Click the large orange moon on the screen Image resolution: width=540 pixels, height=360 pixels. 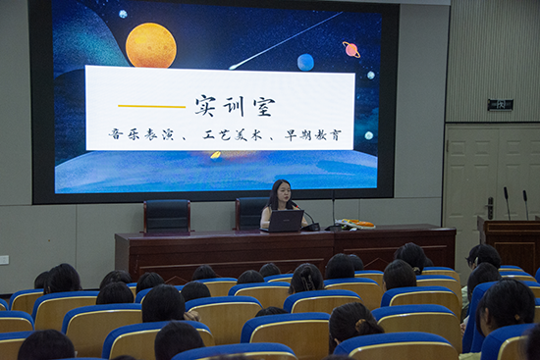coord(151,45)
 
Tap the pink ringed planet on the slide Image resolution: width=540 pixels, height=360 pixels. coord(351,50)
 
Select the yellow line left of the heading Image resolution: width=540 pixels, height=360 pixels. coord(151,106)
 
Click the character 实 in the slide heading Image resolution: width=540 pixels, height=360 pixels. coord(205,106)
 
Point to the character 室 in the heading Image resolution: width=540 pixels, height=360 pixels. coord(264,107)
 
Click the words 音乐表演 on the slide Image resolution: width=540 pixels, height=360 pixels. coord(134,134)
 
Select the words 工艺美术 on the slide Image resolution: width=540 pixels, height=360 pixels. coord(232,135)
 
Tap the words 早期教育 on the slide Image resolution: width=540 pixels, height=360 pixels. coord(312,135)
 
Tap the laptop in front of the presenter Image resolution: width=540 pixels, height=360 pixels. coord(284,221)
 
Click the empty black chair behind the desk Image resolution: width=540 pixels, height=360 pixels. coord(167,217)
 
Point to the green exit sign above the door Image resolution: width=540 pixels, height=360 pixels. coord(500,105)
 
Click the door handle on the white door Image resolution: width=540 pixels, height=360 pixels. coord(490,208)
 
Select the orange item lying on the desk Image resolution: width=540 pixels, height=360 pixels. coord(361,224)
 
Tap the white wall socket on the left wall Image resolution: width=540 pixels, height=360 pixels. coord(4,260)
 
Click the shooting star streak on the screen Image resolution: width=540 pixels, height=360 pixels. coord(286,40)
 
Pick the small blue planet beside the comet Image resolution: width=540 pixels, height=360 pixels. coord(305,63)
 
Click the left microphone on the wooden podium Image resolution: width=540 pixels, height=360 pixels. coord(507,203)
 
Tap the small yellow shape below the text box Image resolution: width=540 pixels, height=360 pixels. coord(216,155)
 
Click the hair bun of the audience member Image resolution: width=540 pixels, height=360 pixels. coord(361,325)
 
